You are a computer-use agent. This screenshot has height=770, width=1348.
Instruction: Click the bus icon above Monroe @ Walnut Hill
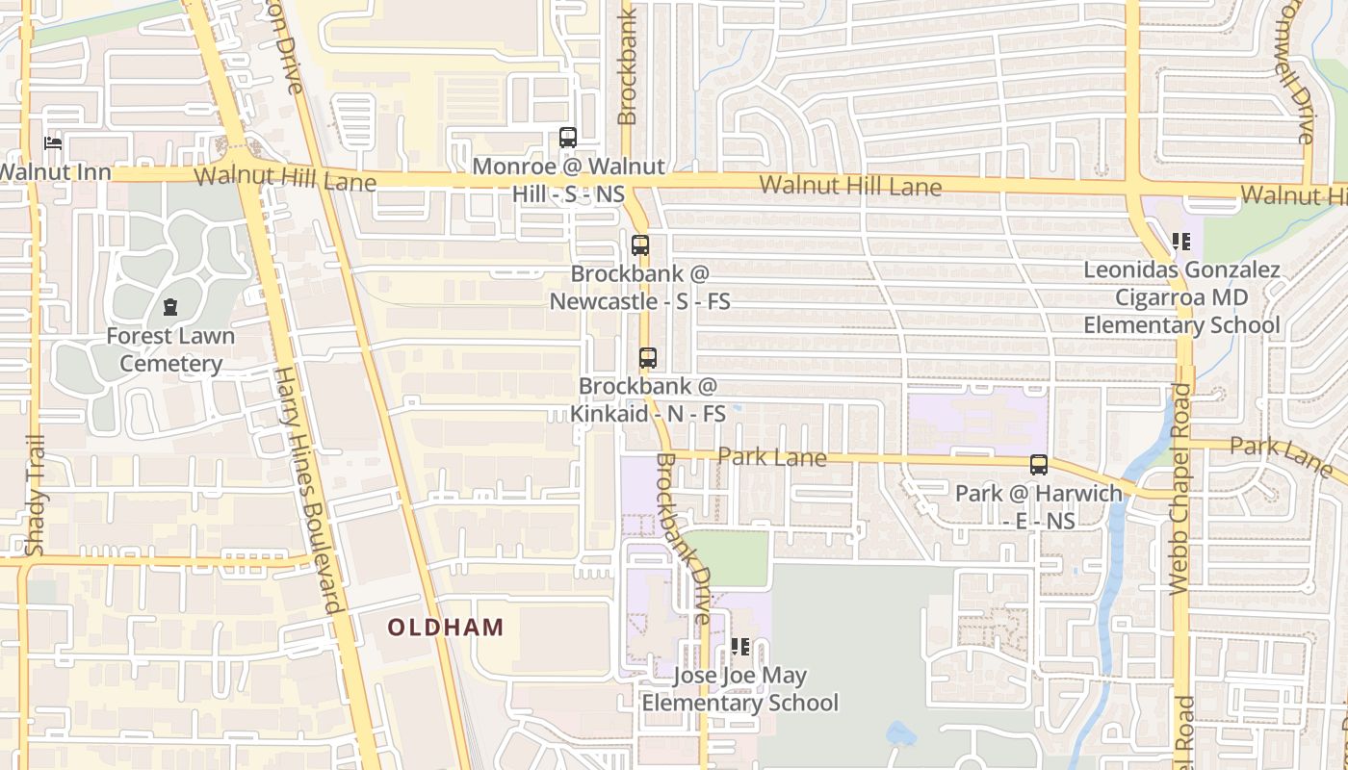[x=568, y=138]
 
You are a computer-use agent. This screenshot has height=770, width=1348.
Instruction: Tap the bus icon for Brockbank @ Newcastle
[x=640, y=245]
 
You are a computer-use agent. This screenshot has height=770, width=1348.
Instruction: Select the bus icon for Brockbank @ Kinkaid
[x=648, y=358]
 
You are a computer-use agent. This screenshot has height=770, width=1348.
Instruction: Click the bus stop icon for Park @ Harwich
[x=1039, y=465]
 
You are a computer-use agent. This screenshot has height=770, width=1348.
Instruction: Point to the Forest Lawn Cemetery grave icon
[x=170, y=308]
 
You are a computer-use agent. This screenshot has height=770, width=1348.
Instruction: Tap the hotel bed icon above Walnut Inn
[x=53, y=144]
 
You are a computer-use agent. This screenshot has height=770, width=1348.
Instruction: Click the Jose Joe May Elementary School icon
[x=739, y=647]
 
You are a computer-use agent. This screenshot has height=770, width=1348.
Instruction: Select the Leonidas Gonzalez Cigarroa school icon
[x=1181, y=242]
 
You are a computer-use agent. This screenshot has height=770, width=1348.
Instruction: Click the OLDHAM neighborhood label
[x=446, y=628]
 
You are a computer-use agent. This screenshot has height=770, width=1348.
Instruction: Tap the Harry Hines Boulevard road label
[x=309, y=491]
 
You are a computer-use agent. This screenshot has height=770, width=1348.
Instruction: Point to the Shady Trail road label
[x=36, y=497]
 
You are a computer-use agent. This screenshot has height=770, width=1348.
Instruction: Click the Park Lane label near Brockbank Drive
[x=772, y=456]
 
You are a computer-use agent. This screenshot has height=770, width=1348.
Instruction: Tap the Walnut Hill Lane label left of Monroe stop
[x=285, y=178]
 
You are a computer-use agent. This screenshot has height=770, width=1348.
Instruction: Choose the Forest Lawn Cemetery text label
[x=170, y=350]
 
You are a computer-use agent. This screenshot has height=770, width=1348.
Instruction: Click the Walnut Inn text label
[x=55, y=173]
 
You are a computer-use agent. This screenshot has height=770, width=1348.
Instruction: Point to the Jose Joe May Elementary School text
[x=739, y=689]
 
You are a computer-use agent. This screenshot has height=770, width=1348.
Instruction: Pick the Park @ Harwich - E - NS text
[x=1039, y=507]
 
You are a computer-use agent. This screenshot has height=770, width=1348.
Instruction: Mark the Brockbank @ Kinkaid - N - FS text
[x=648, y=400]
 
